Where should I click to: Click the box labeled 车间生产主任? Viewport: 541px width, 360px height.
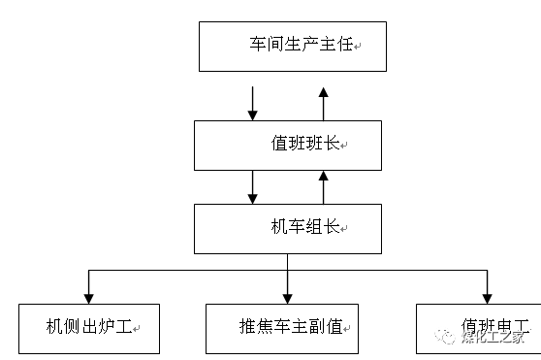tap(293, 46)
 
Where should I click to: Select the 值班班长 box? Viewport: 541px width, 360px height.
tap(292, 145)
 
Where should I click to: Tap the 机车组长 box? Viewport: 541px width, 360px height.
tap(292, 228)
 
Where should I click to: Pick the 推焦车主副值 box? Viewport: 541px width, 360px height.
tap(282, 327)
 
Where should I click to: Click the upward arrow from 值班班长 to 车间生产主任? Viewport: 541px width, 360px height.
tap(324, 102)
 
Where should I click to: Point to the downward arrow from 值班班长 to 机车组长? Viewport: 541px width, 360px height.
tap(253, 186)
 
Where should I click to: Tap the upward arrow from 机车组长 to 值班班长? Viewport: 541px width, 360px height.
tap(324, 186)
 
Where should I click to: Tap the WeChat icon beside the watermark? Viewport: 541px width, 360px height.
tap(447, 337)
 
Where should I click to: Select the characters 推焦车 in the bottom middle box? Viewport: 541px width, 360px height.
tap(261, 327)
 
